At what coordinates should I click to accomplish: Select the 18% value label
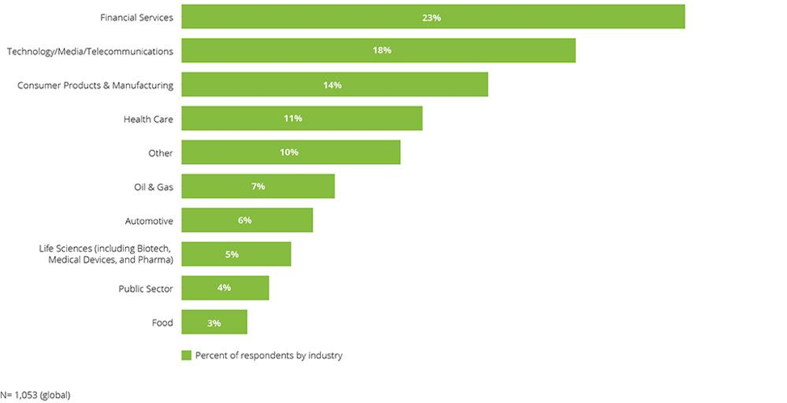pos(381,50)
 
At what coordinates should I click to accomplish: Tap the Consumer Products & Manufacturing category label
pos(95,85)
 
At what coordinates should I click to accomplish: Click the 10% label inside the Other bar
pos(289,153)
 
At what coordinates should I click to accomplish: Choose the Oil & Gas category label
pos(154,187)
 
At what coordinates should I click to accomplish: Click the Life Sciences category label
pos(106,254)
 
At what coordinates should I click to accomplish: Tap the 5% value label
pos(232,254)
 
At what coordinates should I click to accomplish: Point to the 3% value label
pos(214,322)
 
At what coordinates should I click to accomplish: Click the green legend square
pos(186,355)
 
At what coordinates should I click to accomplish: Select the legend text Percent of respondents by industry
pos(268,355)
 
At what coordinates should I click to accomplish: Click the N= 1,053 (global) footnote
pos(36,395)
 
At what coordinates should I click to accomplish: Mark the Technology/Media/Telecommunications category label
pos(90,51)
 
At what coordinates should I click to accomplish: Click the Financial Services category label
pos(136,17)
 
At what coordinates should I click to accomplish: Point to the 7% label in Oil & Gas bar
pos(258,187)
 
